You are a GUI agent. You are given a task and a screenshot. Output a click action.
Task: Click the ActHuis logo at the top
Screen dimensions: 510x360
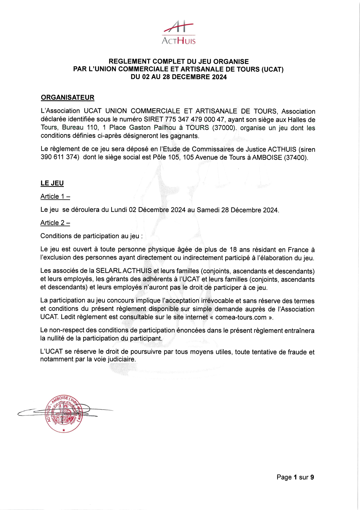point(178,33)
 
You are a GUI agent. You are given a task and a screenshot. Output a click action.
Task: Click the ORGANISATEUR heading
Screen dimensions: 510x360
point(67,97)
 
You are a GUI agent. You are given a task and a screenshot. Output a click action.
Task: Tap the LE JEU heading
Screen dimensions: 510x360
point(52,183)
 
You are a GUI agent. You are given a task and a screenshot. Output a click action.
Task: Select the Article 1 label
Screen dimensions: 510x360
point(55,197)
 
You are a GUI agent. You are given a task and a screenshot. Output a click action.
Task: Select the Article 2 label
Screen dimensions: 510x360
point(55,223)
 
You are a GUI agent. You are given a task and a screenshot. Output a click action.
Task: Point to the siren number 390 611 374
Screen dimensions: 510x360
point(60,157)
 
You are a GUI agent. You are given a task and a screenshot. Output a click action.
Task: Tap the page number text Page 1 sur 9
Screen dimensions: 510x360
point(295,477)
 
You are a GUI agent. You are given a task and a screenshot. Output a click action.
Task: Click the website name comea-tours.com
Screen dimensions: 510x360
point(241,317)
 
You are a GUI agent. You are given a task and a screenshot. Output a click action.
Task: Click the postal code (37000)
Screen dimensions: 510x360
point(224,128)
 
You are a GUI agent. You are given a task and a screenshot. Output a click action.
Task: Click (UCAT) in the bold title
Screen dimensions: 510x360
point(272,69)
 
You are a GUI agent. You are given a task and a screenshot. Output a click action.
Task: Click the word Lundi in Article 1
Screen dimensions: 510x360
point(119,210)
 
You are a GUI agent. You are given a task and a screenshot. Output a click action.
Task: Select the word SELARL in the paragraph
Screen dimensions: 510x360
point(108,271)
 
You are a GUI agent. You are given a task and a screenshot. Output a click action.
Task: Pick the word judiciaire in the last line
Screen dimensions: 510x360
point(121,359)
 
